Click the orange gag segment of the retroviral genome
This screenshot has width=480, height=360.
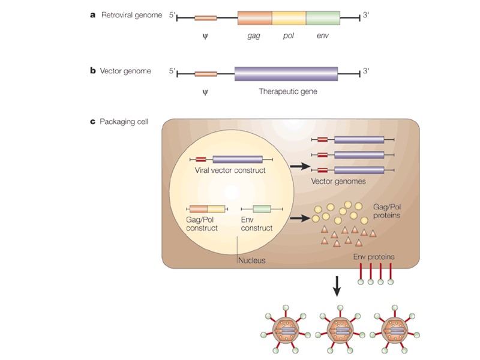click(x=255, y=17)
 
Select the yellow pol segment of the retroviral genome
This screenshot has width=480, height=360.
click(x=289, y=17)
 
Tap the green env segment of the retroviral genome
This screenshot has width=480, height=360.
click(x=323, y=17)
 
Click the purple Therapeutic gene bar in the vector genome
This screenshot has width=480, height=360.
click(x=286, y=74)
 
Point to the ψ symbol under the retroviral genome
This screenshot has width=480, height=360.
click(x=205, y=35)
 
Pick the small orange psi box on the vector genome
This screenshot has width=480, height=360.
click(x=206, y=74)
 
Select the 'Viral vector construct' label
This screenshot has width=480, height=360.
click(x=230, y=170)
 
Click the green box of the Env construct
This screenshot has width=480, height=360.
click(x=262, y=209)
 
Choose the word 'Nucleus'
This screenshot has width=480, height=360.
click(x=252, y=260)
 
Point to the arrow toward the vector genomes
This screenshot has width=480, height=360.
click(x=297, y=163)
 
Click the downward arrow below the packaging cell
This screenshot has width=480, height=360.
click(x=337, y=286)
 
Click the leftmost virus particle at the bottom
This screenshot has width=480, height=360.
click(x=287, y=331)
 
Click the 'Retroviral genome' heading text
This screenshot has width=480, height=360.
click(x=131, y=15)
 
